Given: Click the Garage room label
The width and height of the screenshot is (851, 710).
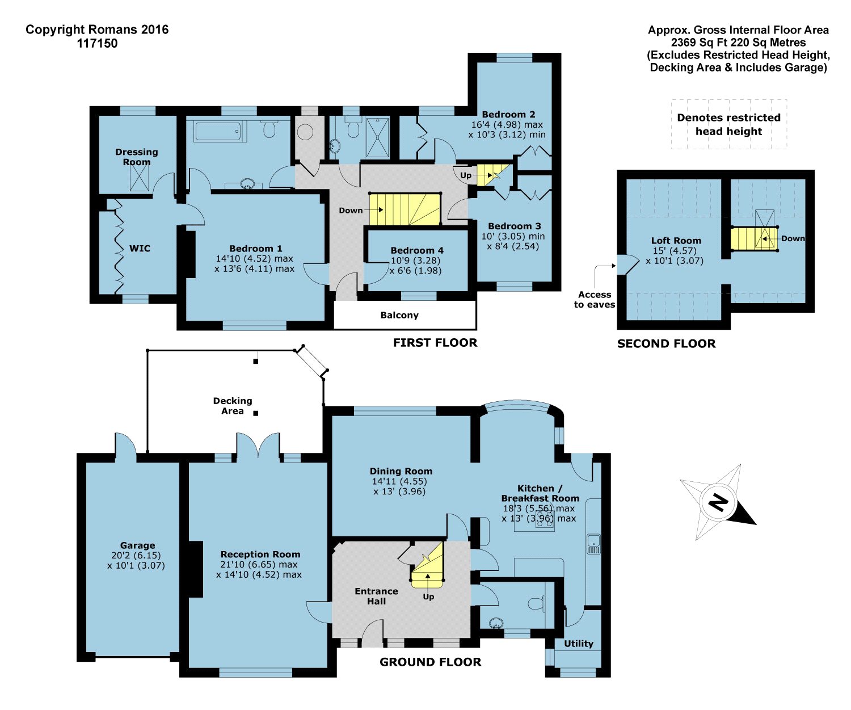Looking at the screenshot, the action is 137,545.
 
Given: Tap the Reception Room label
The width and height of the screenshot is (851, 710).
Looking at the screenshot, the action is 260,554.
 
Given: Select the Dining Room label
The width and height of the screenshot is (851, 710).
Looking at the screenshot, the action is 401,471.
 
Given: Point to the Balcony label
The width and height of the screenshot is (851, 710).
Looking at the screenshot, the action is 399,315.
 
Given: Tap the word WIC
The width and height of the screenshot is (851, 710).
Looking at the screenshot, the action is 140,249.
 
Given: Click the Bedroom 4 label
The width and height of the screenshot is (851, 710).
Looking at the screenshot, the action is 417,250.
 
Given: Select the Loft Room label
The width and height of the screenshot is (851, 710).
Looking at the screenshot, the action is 676,241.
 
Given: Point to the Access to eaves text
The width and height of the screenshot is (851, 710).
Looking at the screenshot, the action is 595,299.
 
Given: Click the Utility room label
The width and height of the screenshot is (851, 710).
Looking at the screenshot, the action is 578,644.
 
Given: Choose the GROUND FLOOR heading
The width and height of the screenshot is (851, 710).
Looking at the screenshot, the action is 431,661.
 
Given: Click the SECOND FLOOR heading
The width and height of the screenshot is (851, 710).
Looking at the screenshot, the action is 667,344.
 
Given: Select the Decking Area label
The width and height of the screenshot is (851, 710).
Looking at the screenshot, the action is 233,406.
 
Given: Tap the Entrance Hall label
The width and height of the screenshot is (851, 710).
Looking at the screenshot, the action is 376,596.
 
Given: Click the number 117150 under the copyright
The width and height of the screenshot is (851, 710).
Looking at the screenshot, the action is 97,43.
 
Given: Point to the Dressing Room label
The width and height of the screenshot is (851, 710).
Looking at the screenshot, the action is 137,157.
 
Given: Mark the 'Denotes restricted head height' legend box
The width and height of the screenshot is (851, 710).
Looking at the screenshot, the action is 728,124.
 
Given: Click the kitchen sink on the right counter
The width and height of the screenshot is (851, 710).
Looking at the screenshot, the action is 593,544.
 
